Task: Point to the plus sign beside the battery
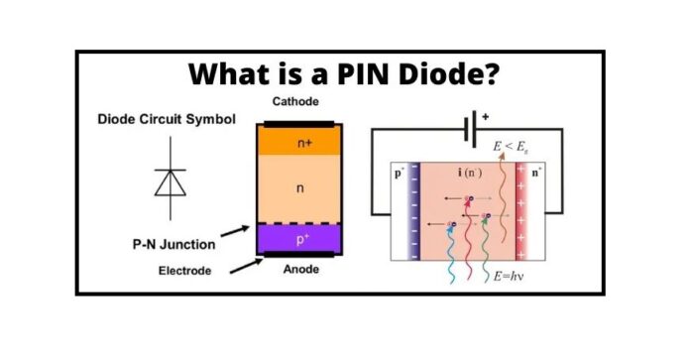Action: point(488,116)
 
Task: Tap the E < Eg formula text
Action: point(512,146)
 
